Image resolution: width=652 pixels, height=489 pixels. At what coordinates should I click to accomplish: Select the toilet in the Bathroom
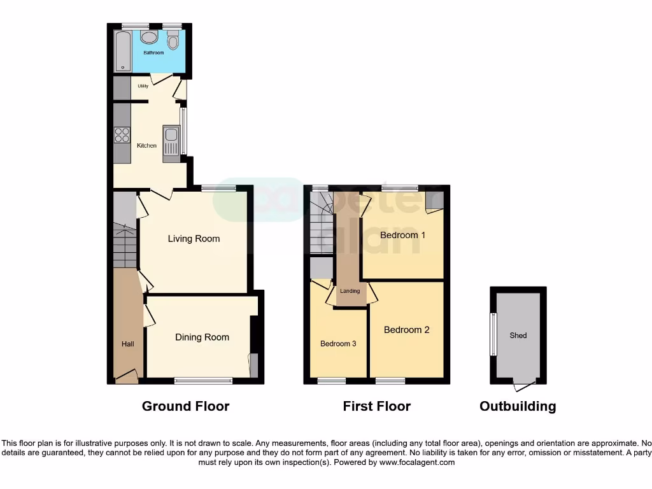(173, 41)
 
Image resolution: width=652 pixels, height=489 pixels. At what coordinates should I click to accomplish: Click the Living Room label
(194, 239)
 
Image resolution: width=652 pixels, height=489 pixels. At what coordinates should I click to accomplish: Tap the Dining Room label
(202, 337)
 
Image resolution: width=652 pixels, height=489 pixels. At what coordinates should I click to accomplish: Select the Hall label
(128, 344)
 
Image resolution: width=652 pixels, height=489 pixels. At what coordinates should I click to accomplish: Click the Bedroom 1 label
(402, 235)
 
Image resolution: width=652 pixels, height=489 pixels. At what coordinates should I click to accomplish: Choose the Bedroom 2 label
(406, 330)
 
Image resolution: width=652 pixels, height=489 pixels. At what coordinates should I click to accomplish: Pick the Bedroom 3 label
(337, 344)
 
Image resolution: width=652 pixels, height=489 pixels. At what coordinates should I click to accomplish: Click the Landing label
(350, 291)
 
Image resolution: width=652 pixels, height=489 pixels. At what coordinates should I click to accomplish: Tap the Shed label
(518, 336)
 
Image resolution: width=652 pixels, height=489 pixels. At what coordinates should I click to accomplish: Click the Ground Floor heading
(185, 406)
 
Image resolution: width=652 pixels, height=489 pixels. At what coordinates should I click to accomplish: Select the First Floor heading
(376, 406)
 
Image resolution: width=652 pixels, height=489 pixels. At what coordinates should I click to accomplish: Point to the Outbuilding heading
(517, 406)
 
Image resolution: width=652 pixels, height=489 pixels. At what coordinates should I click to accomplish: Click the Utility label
(143, 85)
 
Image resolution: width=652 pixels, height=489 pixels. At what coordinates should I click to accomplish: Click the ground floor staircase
(125, 245)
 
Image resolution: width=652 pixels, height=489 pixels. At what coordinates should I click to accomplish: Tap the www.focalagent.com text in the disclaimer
(417, 463)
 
